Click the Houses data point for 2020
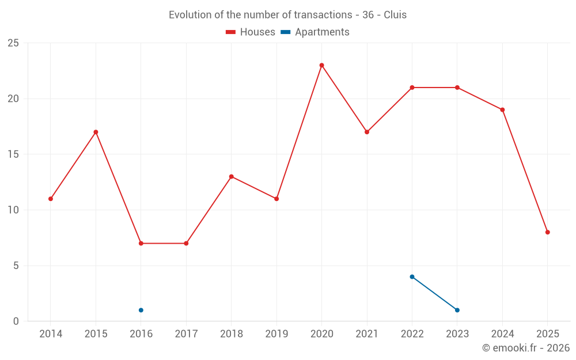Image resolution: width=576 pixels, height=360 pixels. point(321,65)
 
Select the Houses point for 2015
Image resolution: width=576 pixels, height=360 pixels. point(96,132)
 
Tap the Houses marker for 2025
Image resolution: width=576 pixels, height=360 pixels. point(548,232)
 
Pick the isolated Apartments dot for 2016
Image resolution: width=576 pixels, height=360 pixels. point(141,310)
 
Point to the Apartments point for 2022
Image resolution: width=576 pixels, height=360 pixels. point(412,276)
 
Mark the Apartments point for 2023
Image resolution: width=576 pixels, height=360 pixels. point(457,310)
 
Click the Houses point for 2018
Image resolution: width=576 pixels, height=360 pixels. point(231,176)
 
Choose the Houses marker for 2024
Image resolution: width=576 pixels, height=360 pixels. point(502,109)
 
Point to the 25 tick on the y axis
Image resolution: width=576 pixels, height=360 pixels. point(13,43)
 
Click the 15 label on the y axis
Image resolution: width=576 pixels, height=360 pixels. point(13,154)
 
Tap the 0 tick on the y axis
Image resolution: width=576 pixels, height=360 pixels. point(16,321)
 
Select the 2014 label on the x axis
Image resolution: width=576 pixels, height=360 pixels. point(51,334)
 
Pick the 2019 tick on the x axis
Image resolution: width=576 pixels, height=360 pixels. point(276,334)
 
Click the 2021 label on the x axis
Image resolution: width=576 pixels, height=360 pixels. point(367,334)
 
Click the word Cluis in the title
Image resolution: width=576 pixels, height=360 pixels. point(395,15)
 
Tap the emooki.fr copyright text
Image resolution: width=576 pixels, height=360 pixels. point(526,348)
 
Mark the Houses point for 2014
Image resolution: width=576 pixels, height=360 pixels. point(51,199)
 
